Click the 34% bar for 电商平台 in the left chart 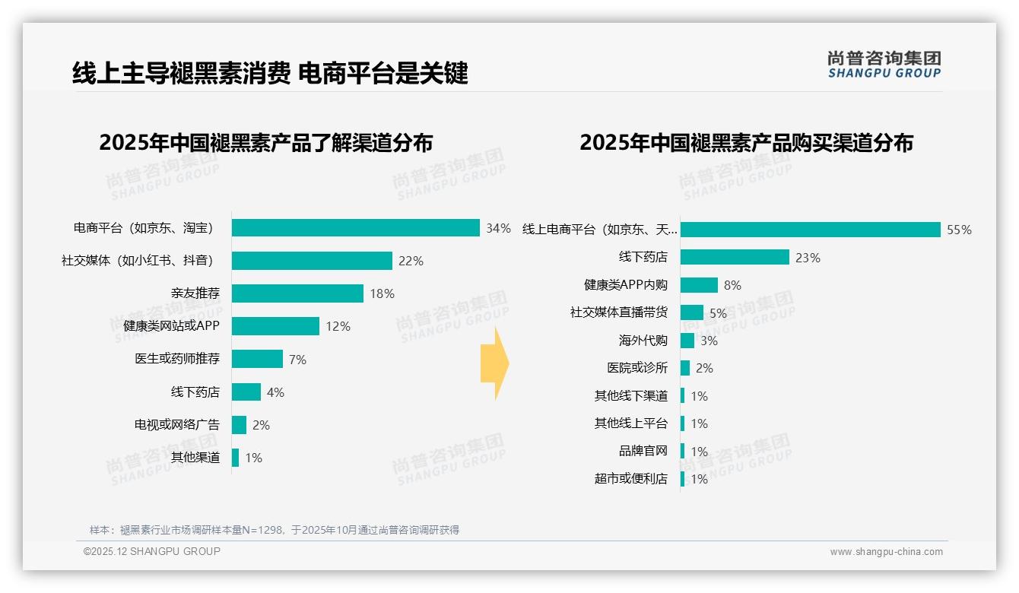click(x=355, y=228)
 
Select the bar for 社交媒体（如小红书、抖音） click(x=312, y=261)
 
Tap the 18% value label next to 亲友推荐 click(x=382, y=294)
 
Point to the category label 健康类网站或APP click(x=171, y=326)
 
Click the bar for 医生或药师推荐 click(x=257, y=359)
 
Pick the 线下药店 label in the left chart click(x=195, y=392)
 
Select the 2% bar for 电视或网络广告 click(x=239, y=425)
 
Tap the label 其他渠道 click(x=195, y=458)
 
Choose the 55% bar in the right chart click(x=811, y=230)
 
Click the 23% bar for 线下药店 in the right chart click(x=735, y=258)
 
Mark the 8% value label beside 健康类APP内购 click(x=732, y=286)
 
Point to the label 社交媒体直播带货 click(x=619, y=312)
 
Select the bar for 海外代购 click(x=687, y=341)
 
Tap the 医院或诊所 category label click(x=637, y=368)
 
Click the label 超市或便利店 click(x=631, y=479)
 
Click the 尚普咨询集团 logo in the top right click(x=884, y=64)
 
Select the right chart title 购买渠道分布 click(x=746, y=143)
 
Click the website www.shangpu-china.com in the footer click(x=886, y=552)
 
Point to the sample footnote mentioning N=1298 click(x=275, y=530)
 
